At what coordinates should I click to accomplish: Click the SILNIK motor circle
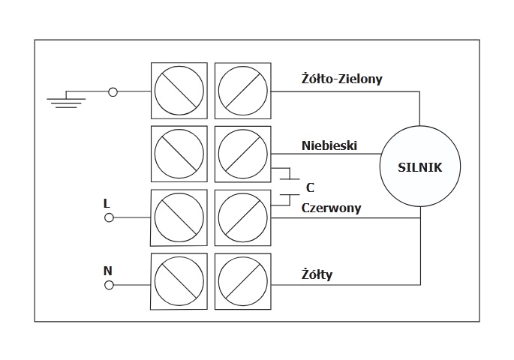pos(420,166)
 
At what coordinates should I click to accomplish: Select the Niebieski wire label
pos(329,144)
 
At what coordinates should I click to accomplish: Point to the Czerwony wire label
pos(331,208)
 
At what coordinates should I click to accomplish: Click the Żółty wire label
pos(316,274)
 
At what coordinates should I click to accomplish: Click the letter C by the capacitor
pos(310,187)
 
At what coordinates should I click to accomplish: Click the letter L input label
pos(107,202)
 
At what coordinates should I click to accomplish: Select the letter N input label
pos(107,269)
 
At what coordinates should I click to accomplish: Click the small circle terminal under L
pos(109,217)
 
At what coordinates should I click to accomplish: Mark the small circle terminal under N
pos(109,285)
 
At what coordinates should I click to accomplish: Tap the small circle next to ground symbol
pos(113,91)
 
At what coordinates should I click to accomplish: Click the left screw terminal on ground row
pos(179,91)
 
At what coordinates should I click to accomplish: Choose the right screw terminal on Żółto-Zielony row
pos(242,91)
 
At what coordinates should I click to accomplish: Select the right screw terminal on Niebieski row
pos(242,154)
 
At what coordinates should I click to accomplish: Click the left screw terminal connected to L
pos(179,217)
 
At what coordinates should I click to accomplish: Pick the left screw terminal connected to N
pos(179,283)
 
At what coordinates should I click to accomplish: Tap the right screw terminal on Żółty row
pos(242,283)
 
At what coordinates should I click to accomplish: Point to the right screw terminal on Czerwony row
pos(242,217)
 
